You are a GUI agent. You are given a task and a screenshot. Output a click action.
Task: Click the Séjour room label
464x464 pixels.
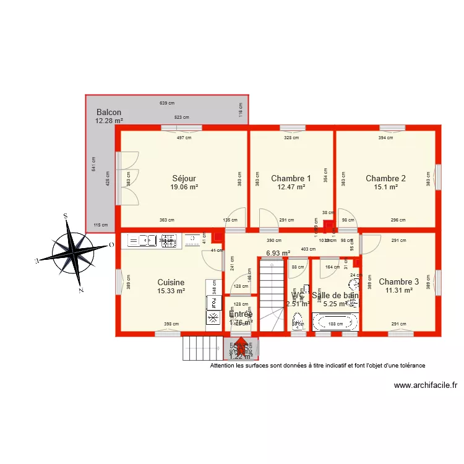click(x=184, y=178)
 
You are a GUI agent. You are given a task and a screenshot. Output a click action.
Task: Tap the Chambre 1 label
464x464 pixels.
click(x=291, y=178)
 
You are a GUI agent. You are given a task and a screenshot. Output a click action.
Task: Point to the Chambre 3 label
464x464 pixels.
click(x=398, y=281)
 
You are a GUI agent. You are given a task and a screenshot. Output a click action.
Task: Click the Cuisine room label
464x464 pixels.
click(x=171, y=282)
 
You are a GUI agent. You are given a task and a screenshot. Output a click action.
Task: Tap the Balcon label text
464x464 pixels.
click(x=108, y=112)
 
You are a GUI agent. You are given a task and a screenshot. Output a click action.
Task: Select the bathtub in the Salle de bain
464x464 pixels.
click(x=335, y=322)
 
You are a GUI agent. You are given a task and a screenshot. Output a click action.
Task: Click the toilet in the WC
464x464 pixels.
click(x=298, y=322)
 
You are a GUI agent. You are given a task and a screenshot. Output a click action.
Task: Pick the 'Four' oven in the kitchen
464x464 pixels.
click(x=213, y=302)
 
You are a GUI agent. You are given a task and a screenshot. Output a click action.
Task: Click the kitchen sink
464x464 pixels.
click(x=139, y=240)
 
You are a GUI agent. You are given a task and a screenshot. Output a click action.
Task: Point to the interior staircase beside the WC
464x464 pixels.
click(x=272, y=296)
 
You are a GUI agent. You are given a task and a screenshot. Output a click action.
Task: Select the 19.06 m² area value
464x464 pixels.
click(x=184, y=187)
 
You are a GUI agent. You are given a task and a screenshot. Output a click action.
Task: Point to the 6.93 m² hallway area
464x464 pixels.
click(x=278, y=253)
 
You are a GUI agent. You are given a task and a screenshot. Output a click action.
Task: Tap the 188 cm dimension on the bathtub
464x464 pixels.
click(x=335, y=324)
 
